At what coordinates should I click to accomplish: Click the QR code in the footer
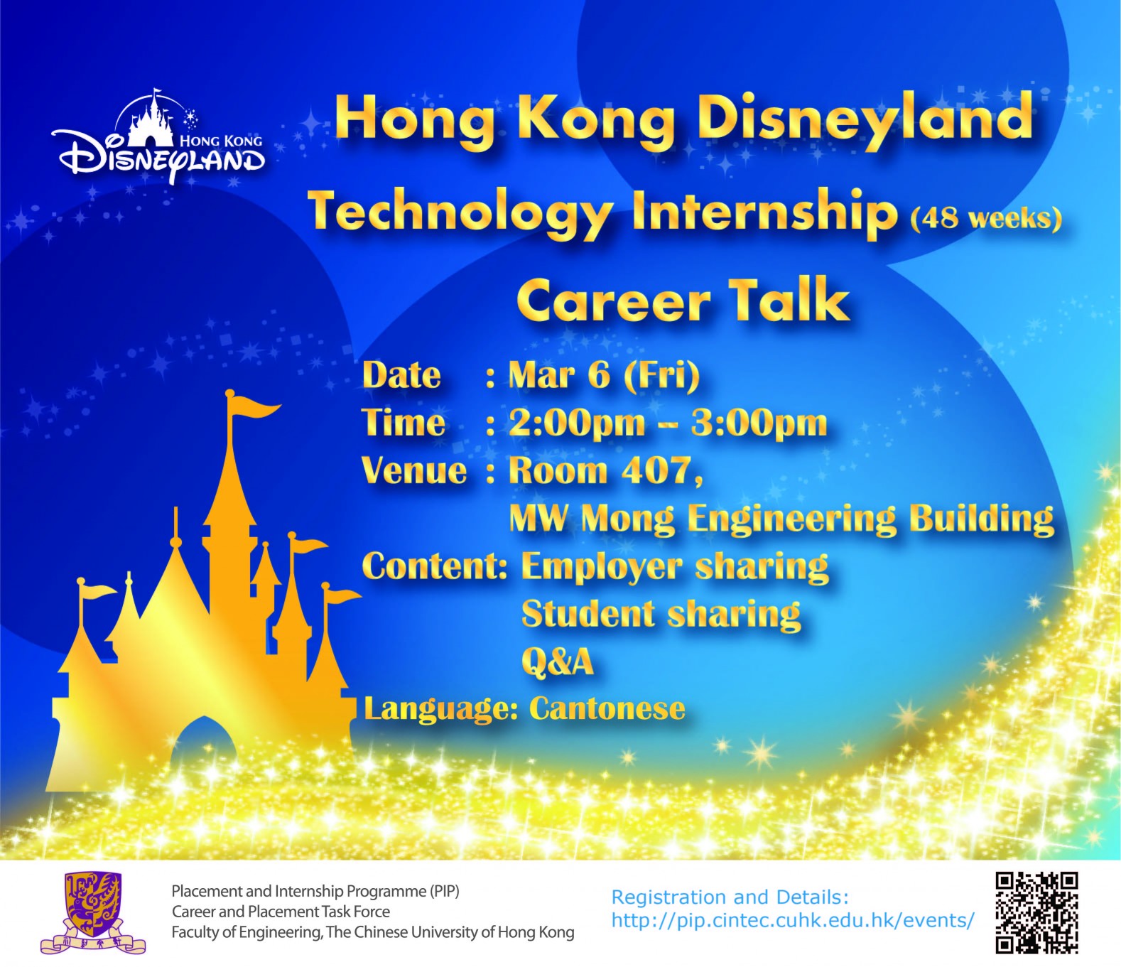[x=1036, y=913]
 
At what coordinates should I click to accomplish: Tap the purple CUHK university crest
[x=93, y=913]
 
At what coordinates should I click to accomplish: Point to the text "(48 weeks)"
[x=986, y=218]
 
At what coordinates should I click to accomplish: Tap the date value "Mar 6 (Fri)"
[x=604, y=375]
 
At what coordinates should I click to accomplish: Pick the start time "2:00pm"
[x=577, y=423]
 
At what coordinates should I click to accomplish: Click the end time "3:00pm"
[x=759, y=423]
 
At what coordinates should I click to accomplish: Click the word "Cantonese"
[x=607, y=708]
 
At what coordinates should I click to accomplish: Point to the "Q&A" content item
[x=557, y=661]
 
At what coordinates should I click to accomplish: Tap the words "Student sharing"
[x=661, y=615]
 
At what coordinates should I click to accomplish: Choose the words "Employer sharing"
[x=675, y=567]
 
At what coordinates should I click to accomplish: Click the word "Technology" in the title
[x=460, y=213]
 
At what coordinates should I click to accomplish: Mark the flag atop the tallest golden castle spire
[x=252, y=405]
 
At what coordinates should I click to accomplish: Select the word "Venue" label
[x=413, y=471]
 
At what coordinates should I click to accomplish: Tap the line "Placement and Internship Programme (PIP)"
[x=315, y=891]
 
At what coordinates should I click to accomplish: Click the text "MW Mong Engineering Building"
[x=781, y=519]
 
